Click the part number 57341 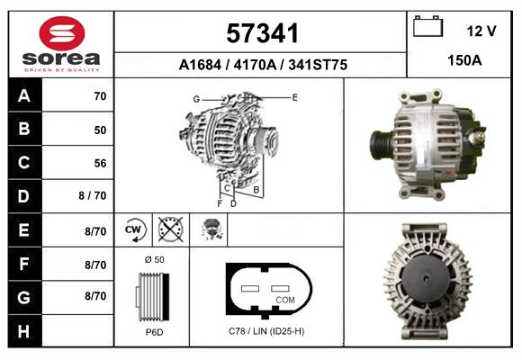click(x=262, y=32)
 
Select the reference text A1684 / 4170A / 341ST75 click(x=262, y=66)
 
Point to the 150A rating click(x=463, y=62)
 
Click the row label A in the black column click(x=23, y=95)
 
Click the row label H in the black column click(x=23, y=332)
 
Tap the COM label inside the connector click(x=284, y=298)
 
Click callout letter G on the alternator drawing click(x=195, y=98)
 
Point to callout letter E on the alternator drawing click(x=294, y=96)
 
